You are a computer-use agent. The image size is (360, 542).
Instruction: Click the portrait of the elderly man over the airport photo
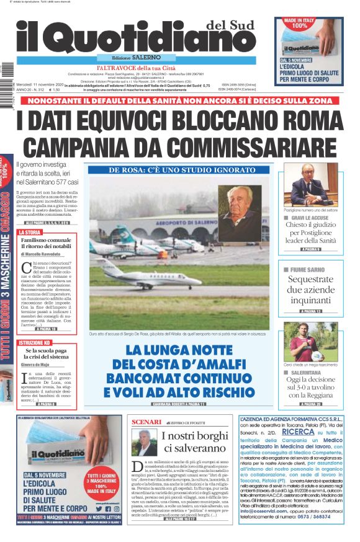click(240, 213)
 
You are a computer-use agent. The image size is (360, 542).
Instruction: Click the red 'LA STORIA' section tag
click(29, 233)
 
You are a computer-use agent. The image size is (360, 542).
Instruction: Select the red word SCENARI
click(147, 422)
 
